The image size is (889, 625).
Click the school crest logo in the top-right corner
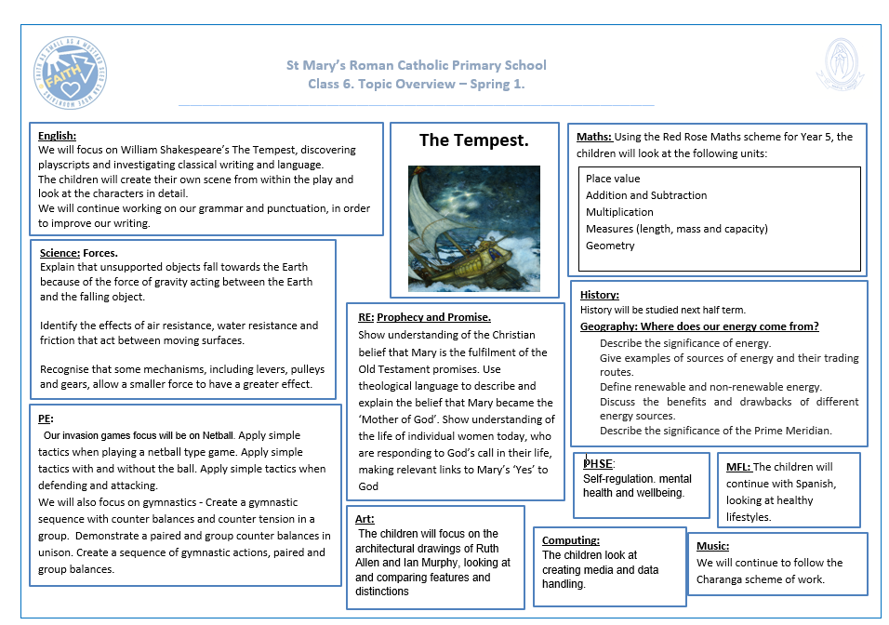click(841, 68)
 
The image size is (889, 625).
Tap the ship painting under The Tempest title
click(474, 229)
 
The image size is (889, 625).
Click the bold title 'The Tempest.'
click(473, 140)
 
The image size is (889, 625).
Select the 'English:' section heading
click(57, 136)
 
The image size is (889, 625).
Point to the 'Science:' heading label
click(60, 253)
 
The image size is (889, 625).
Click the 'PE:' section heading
click(45, 419)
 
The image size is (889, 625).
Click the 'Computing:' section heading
click(570, 540)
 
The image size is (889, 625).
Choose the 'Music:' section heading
click(712, 546)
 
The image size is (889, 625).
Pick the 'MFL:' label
click(738, 467)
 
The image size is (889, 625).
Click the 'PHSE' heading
click(598, 464)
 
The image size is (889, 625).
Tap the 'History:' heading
click(599, 295)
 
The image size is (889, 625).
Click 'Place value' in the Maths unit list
click(613, 179)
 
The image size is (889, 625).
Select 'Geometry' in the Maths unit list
click(610, 246)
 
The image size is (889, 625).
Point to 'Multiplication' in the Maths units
click(619, 212)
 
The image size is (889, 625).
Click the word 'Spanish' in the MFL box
click(816, 484)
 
